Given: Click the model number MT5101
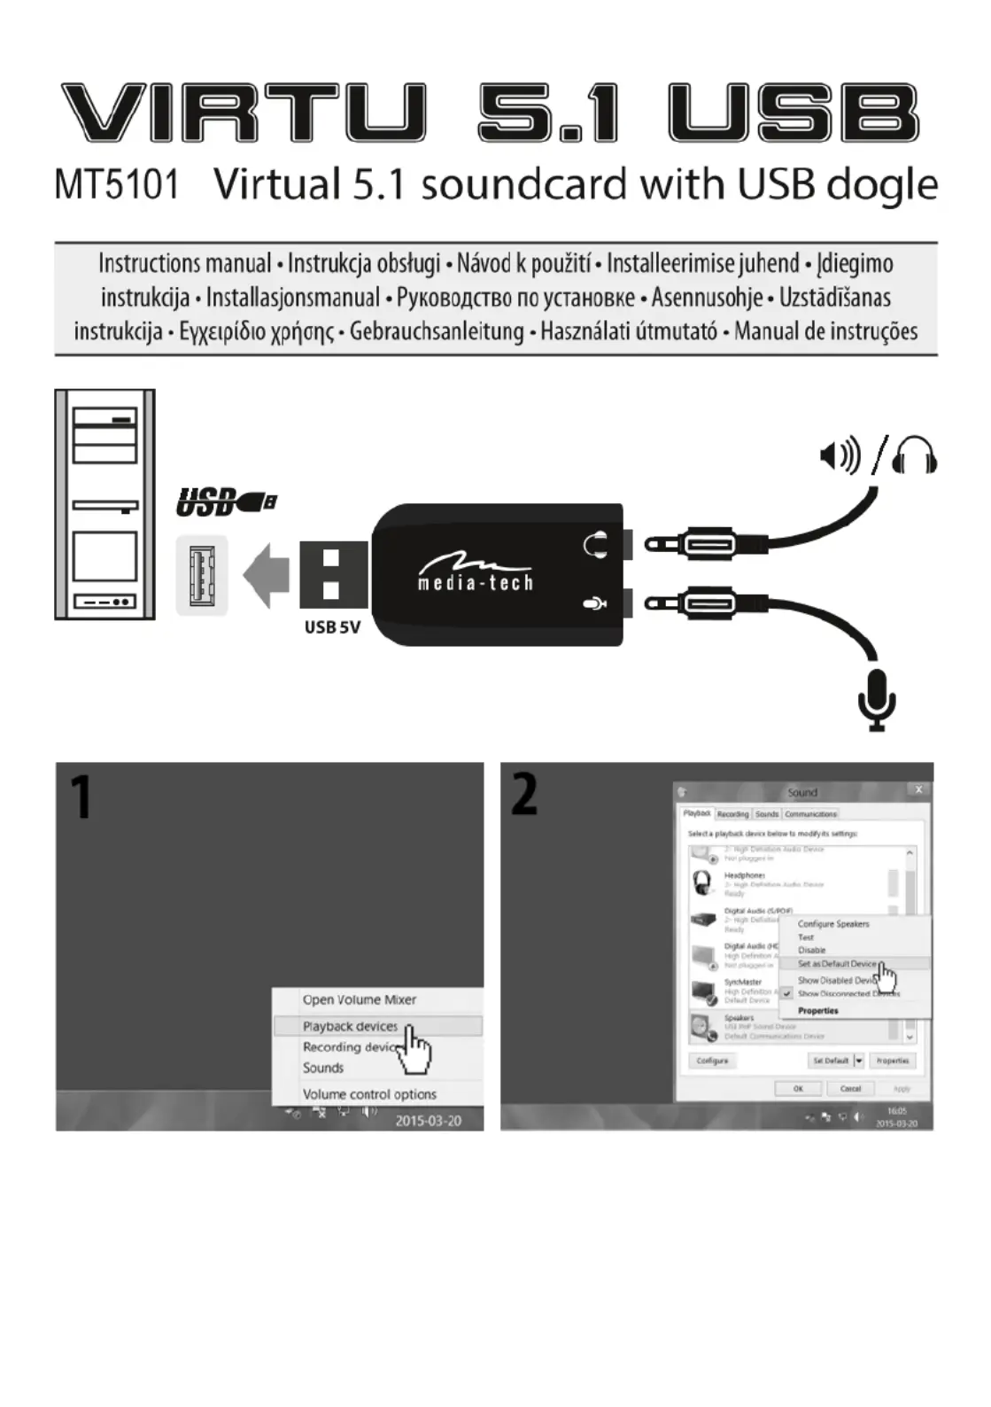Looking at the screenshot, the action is (x=116, y=185).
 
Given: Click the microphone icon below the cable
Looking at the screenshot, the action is (x=877, y=699).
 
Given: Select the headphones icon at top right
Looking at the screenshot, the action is (x=914, y=455).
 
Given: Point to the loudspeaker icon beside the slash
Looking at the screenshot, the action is (x=839, y=456).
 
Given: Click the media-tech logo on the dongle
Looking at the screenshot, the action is (x=475, y=573).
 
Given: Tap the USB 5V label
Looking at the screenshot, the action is (x=332, y=627).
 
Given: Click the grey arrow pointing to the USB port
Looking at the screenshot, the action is (x=267, y=575).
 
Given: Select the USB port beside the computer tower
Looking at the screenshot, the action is (x=202, y=575).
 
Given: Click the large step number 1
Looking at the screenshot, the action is (x=81, y=797).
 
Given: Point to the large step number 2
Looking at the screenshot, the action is (x=524, y=794).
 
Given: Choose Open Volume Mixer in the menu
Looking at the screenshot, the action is (x=359, y=999).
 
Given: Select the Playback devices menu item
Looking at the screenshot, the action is (x=350, y=1026).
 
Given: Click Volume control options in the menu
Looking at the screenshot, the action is (x=369, y=1094).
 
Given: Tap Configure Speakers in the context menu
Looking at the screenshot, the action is (x=832, y=923).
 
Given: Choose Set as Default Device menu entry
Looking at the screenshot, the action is (x=836, y=963).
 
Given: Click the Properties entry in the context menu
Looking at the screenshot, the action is (x=817, y=1010).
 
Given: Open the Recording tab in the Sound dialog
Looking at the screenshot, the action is (x=732, y=813).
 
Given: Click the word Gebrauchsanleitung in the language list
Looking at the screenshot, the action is (x=437, y=332).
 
